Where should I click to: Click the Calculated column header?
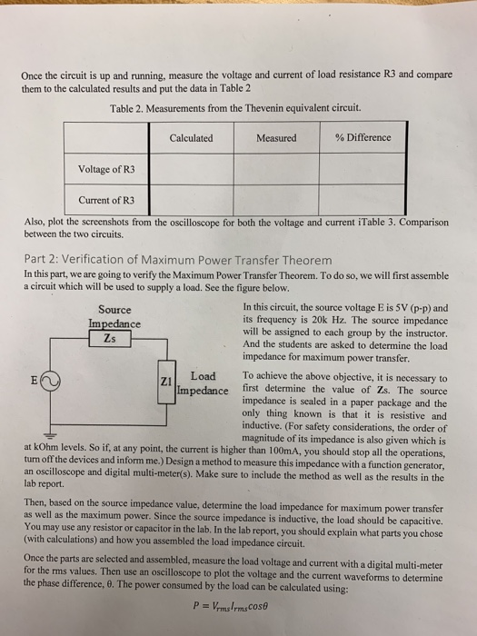pyautogui.click(x=191, y=138)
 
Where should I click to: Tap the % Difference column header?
pyautogui.click(x=363, y=138)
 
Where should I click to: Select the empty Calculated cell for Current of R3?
pyautogui.click(x=191, y=199)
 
